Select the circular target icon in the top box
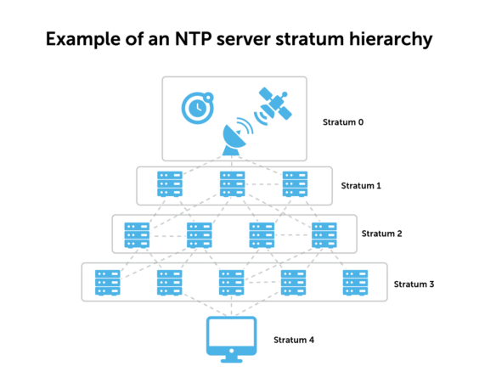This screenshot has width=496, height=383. click(197, 108)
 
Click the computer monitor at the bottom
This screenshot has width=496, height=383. click(231, 335)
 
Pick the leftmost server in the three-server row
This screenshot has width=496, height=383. click(170, 183)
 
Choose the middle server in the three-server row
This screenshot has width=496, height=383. click(233, 183)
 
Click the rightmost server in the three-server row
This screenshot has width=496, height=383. click(295, 183)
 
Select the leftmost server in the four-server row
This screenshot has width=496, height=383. click(137, 234)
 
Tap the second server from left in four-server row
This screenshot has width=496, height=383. click(200, 234)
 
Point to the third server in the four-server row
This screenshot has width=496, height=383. click(262, 234)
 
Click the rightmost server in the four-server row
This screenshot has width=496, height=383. click(324, 234)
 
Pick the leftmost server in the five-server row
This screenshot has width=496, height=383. click(108, 282)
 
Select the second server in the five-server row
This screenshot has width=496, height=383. click(170, 282)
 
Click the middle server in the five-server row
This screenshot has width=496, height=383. click(231, 282)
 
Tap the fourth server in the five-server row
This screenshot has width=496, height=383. click(293, 282)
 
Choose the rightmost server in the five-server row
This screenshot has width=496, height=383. click(355, 282)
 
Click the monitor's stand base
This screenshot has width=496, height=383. click(231, 361)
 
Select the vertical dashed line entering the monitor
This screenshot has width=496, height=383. click(231, 307)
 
